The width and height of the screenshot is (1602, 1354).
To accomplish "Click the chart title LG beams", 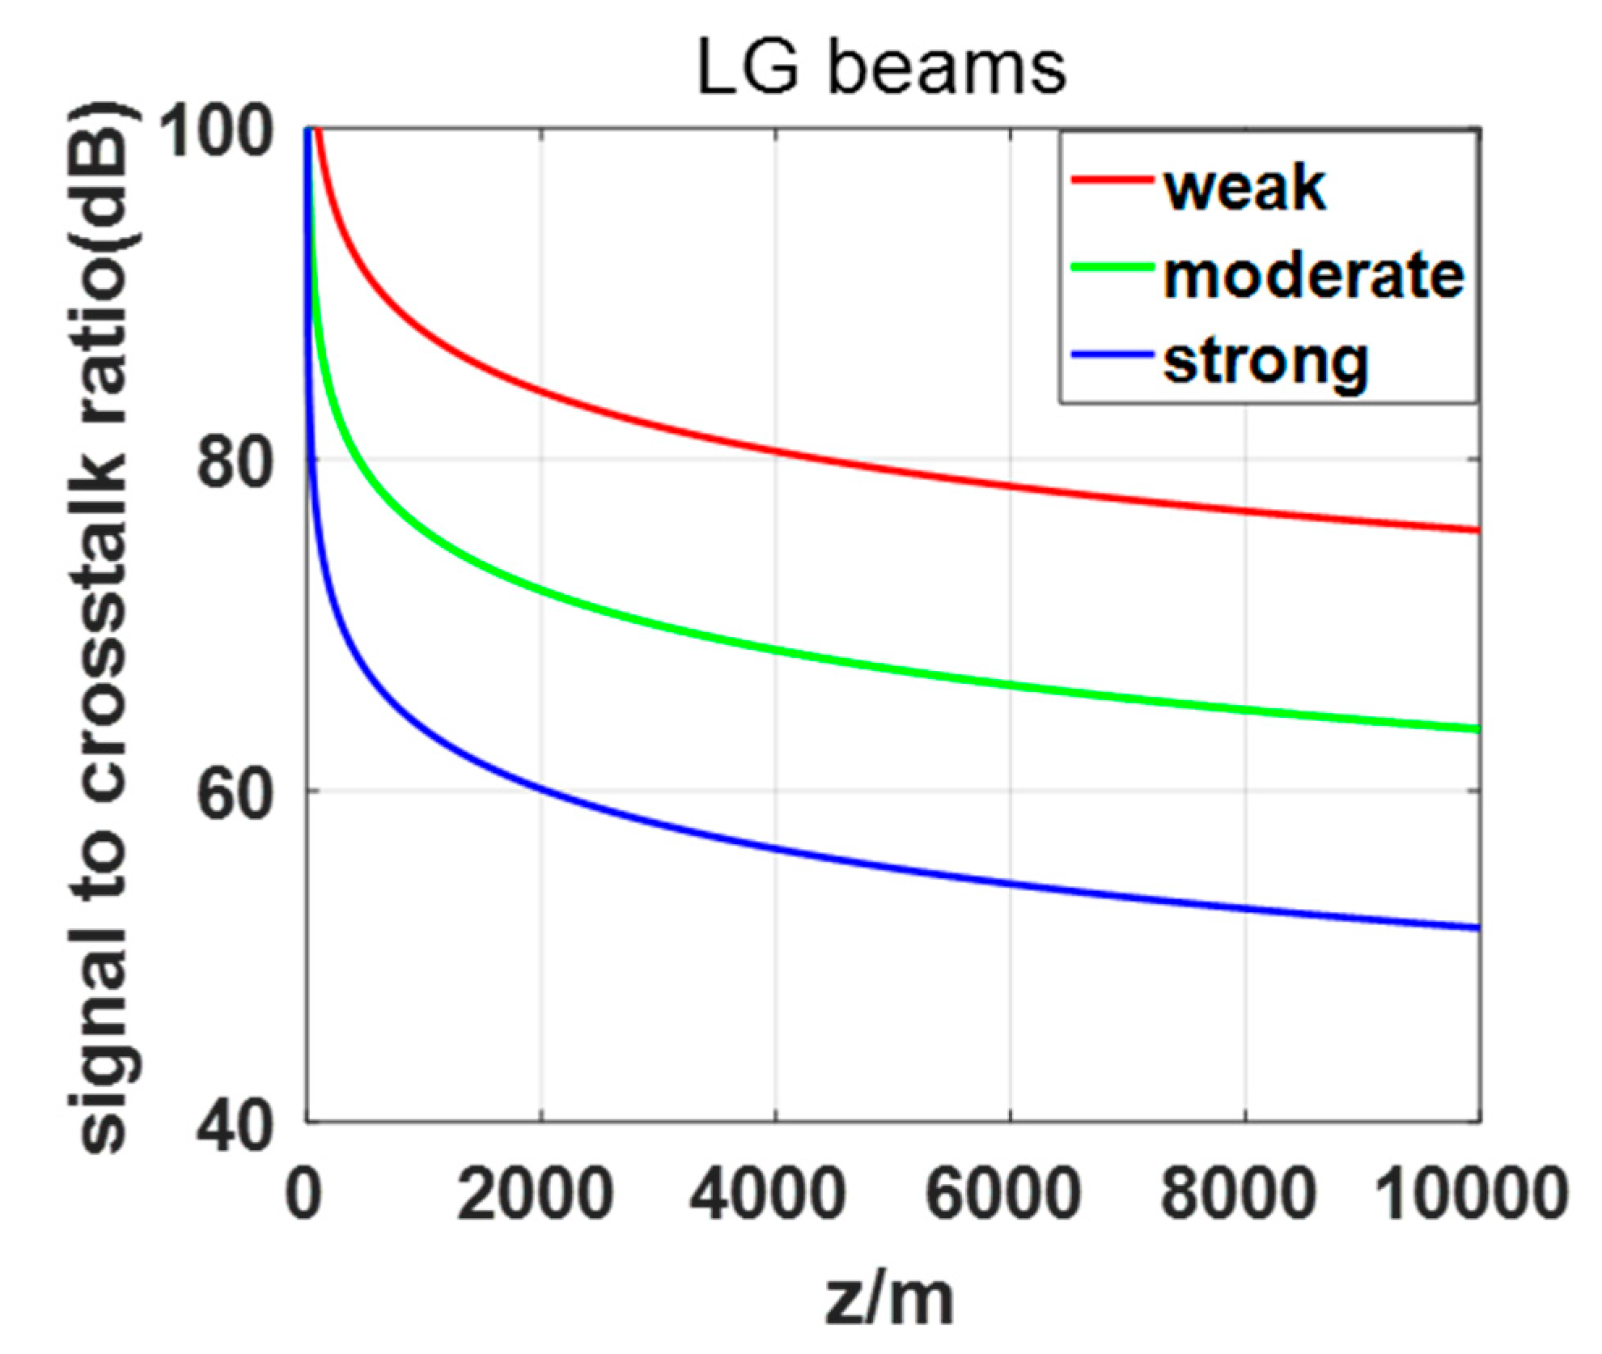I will tap(881, 69).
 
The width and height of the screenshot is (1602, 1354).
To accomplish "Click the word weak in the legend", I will tap(1244, 189).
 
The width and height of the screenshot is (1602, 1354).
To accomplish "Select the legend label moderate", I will tap(1313, 276).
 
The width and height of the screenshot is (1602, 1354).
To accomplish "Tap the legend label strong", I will tap(1265, 363).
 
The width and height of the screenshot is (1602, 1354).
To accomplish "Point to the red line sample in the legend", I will tap(1112, 180).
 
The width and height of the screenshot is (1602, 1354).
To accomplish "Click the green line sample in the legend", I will tap(1112, 267).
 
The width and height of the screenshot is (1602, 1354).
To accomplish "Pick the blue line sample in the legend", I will tap(1112, 354).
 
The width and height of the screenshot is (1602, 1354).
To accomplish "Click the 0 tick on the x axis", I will tap(304, 1194).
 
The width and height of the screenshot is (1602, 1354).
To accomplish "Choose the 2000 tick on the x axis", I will tap(535, 1194).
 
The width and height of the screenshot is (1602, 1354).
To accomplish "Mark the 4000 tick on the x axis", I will tap(769, 1194).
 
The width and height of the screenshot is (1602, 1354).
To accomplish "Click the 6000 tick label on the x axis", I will tap(1003, 1194).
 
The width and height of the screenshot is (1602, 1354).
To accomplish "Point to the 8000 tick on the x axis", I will tap(1238, 1194).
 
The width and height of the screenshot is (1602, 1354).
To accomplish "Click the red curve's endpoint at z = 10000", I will tap(1477, 531).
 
